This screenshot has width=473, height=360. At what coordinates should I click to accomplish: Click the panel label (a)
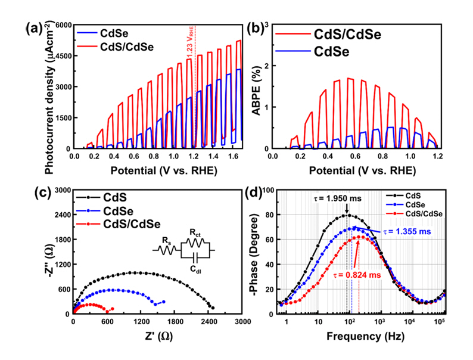tap(34, 27)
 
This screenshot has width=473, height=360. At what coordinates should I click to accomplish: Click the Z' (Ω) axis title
tap(157, 337)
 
